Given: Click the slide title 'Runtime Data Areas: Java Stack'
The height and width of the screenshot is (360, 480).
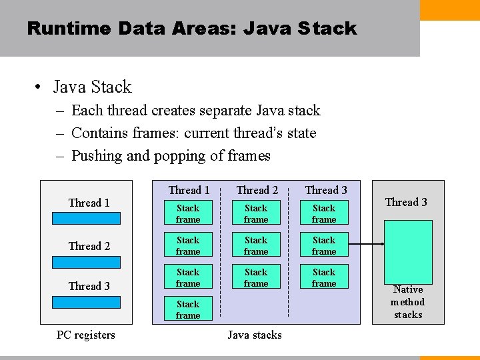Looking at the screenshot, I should coord(192,29).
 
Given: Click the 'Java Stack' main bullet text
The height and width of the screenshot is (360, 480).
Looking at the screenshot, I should coord(92,87).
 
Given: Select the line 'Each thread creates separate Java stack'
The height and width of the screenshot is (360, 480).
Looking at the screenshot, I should coord(195,111).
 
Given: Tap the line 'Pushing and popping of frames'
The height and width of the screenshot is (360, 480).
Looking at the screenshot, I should coord(171,156).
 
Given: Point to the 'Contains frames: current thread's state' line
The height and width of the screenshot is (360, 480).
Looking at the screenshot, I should coord(193,133).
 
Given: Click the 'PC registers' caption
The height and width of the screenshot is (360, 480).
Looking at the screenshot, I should coord(85,335).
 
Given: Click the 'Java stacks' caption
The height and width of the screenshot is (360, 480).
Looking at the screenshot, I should coord(255,335).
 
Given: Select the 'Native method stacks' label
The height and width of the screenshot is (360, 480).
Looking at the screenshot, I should coord(408,302).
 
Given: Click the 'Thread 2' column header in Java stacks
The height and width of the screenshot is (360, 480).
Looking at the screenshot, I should coord(257,191).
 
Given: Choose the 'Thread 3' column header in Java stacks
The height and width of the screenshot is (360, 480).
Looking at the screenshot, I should coord(326,191).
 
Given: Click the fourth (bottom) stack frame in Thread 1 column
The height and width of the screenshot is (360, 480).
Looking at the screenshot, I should coord(188,310).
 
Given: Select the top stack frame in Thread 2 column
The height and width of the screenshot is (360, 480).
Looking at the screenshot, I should coord(256,214).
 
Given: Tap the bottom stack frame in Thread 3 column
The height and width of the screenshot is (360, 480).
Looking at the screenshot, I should coord(324,278).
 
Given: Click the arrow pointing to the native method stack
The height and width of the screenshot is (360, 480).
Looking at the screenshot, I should coord(367,245).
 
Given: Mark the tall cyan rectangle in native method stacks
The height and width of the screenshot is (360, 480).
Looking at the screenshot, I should coord(407,252).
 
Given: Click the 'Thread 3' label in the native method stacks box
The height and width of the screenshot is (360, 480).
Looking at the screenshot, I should coord(406,203).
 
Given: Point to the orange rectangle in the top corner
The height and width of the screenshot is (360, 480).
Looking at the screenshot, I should coord(450,10).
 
